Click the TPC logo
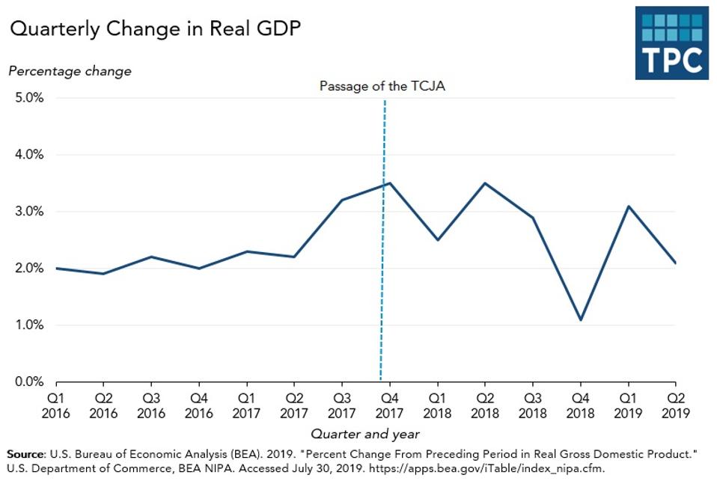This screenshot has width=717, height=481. pyautogui.click(x=671, y=43)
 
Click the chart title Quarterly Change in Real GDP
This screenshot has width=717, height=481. pyautogui.click(x=156, y=29)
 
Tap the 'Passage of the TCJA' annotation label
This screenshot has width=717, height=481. pyautogui.click(x=382, y=86)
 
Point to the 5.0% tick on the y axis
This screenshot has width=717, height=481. pyautogui.click(x=26, y=98)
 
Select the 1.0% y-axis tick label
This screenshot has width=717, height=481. pyautogui.click(x=26, y=325)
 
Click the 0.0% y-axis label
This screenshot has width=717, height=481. pyautogui.click(x=26, y=382)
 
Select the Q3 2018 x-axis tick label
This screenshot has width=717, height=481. pyautogui.click(x=532, y=405)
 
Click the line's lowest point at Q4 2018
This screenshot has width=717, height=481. pyautogui.click(x=581, y=320)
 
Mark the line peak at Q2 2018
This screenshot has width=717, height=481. pyautogui.click(x=485, y=183)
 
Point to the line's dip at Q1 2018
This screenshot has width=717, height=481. pyautogui.click(x=437, y=240)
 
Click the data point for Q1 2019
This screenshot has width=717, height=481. pyautogui.click(x=628, y=206)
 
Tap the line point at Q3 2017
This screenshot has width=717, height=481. pyautogui.click(x=342, y=200)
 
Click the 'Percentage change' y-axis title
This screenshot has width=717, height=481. pyautogui.click(x=70, y=71)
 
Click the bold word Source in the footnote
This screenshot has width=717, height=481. pyautogui.click(x=25, y=454)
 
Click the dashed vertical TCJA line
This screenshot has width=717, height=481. pyautogui.click(x=382, y=299)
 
